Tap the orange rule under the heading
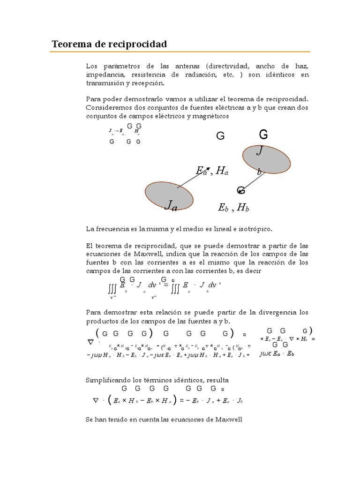(x=180, y=52)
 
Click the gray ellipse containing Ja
(x=169, y=196)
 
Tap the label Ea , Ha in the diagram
(x=212, y=172)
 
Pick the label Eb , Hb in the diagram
(x=233, y=208)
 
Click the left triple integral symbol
(x=113, y=286)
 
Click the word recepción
(x=148, y=83)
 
